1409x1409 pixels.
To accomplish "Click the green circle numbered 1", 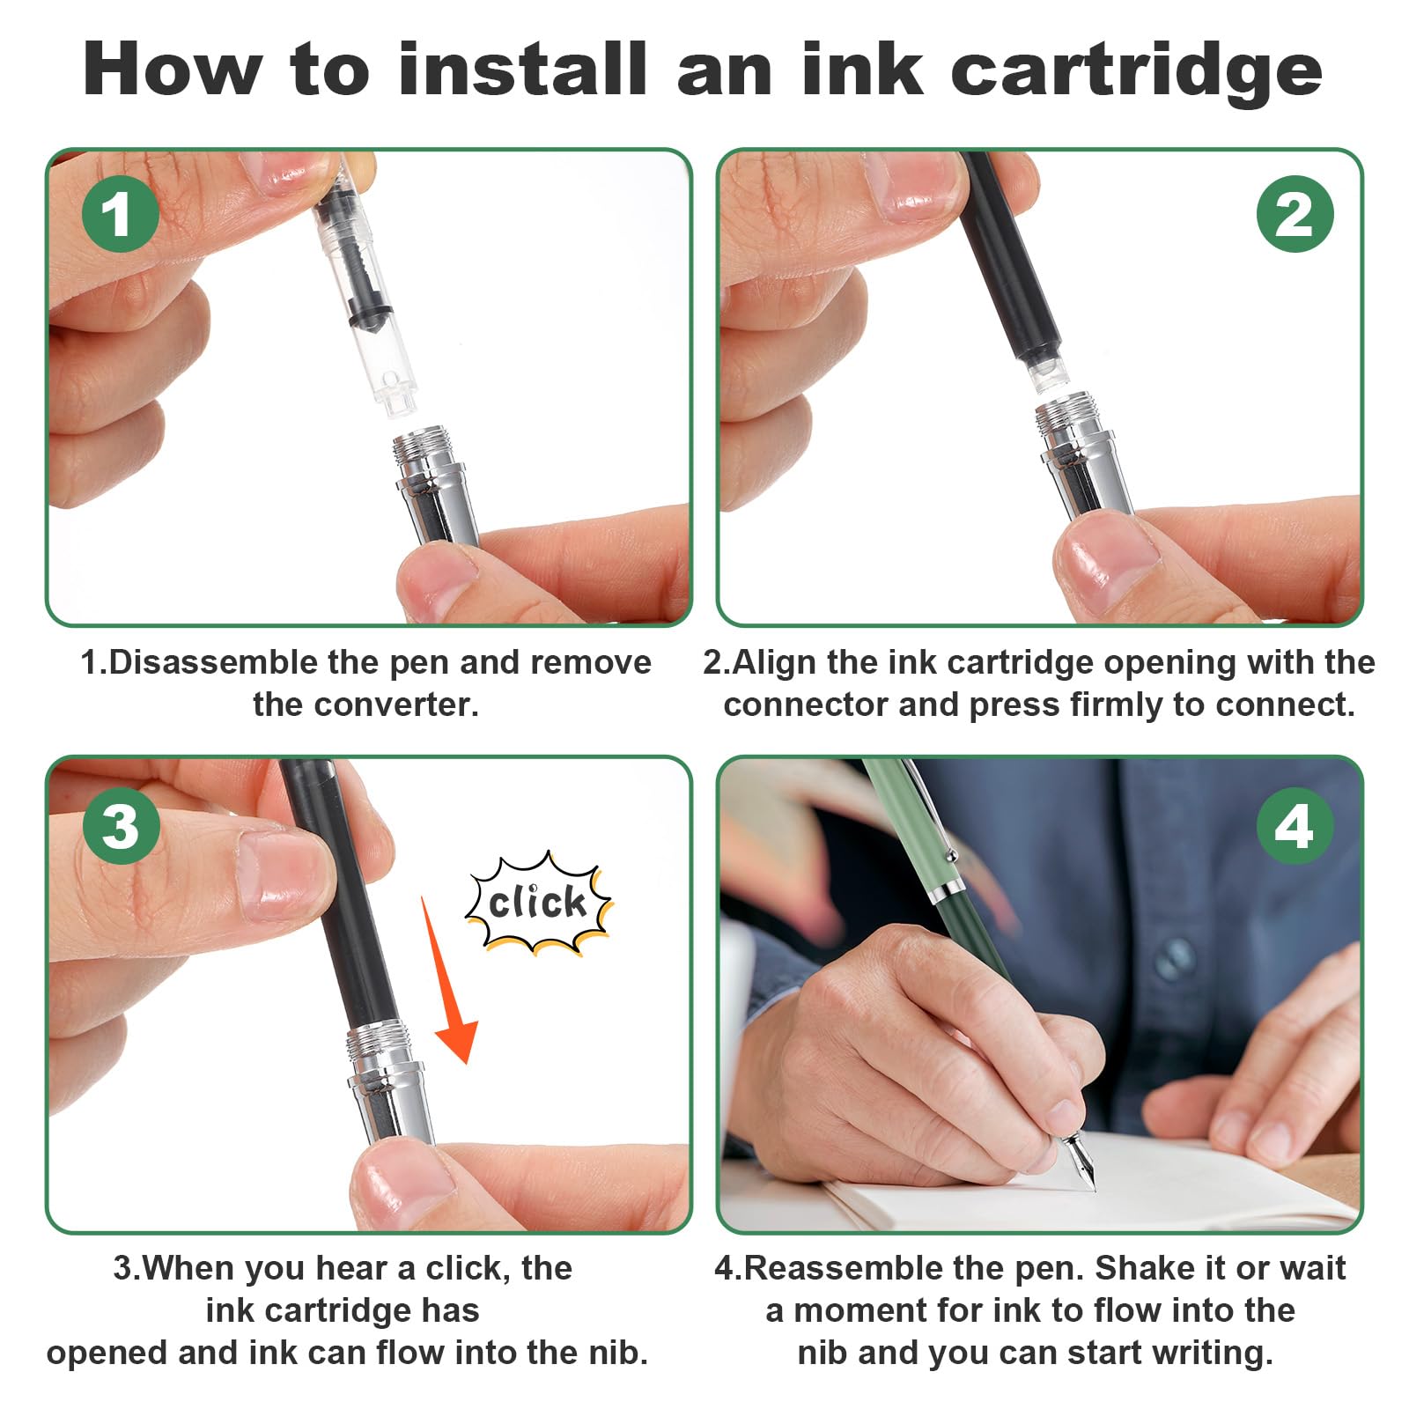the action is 121,214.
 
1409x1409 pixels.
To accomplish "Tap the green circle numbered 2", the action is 1295,214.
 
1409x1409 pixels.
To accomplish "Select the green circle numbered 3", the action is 121,826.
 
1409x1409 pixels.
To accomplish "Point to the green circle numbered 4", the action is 1295,826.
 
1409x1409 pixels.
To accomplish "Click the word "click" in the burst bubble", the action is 537,903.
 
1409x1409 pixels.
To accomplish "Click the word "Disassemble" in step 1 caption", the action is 212,662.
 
